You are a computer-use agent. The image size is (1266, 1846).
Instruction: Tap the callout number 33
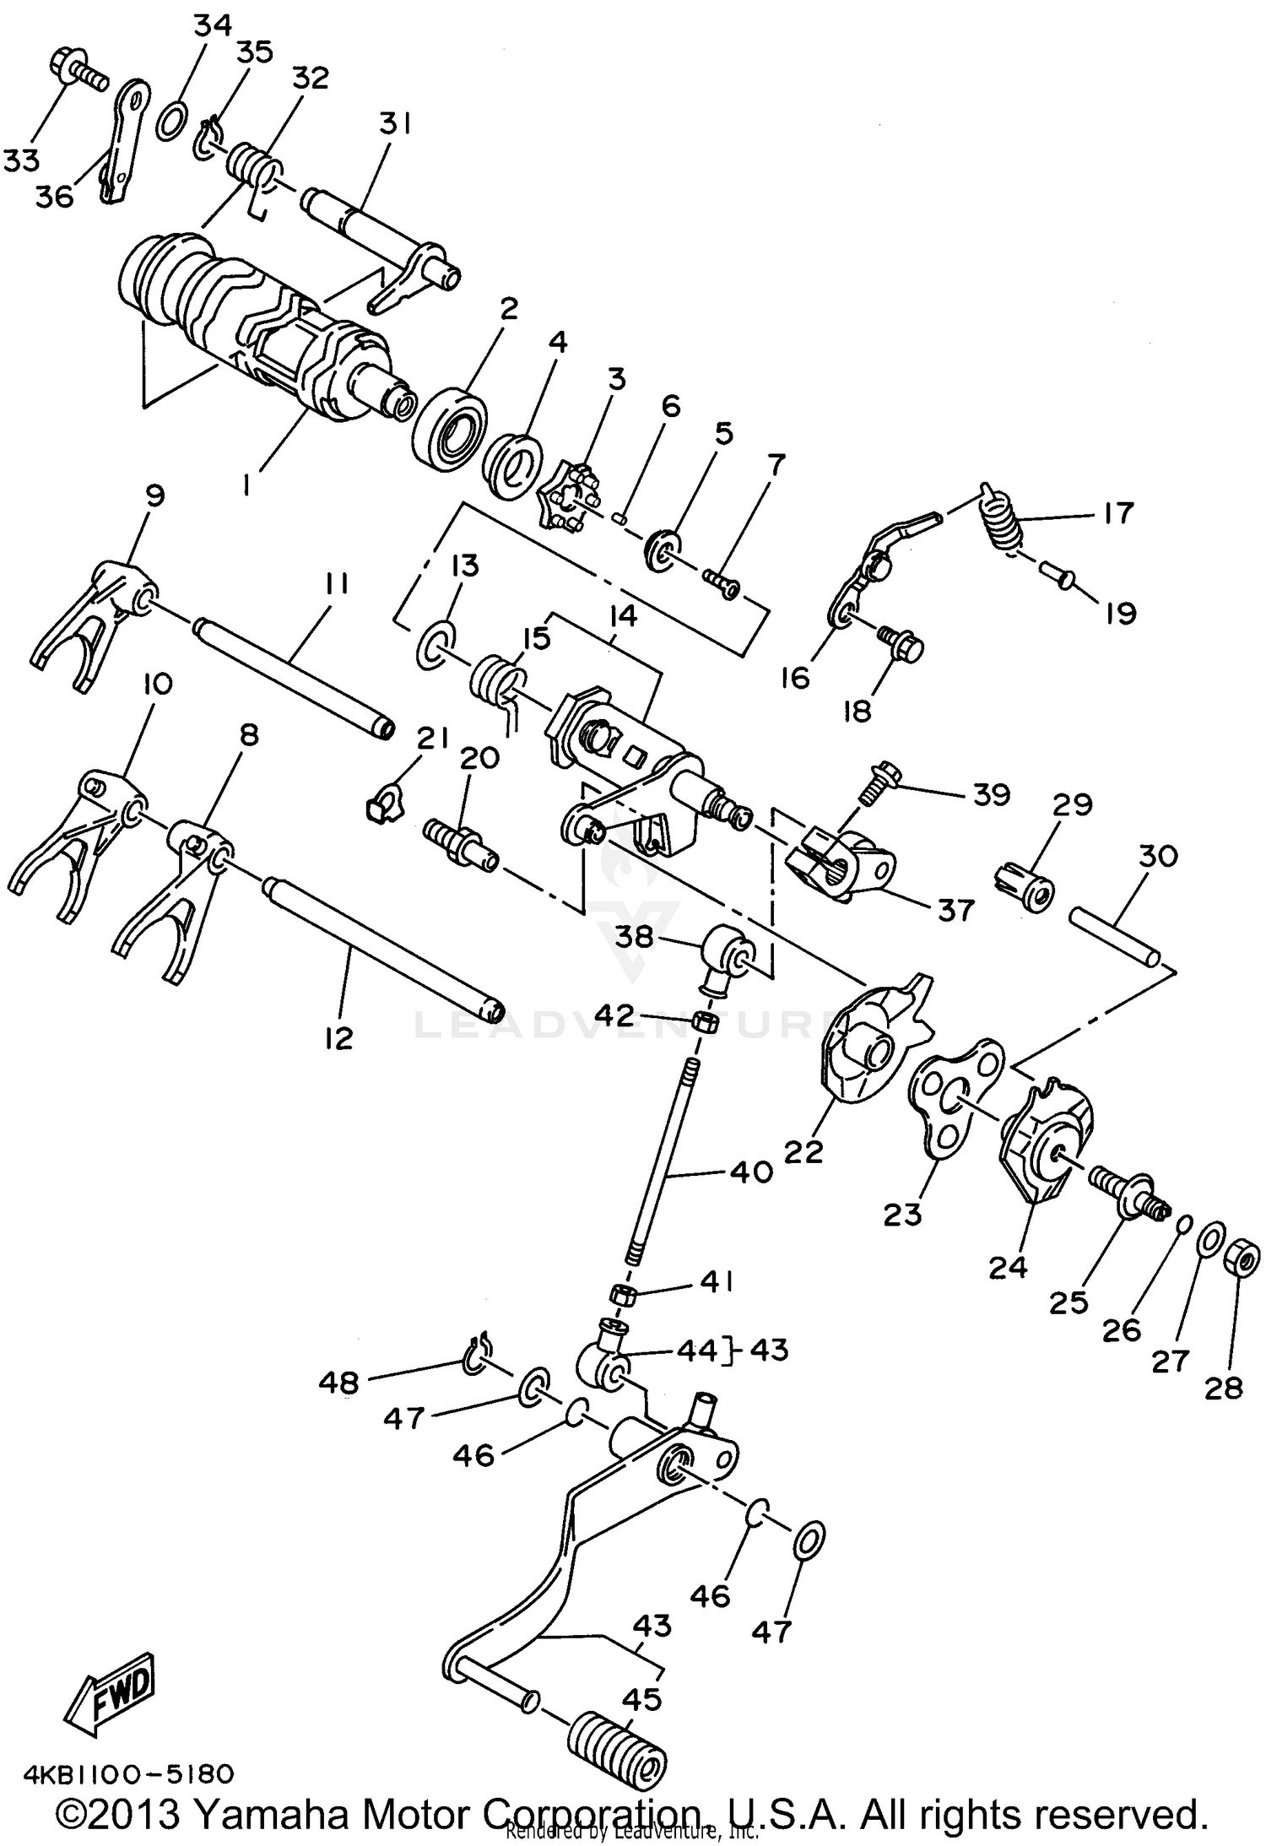[23, 158]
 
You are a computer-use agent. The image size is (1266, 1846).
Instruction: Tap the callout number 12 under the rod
[338, 1037]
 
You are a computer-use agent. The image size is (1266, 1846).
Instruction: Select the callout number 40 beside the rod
[750, 1172]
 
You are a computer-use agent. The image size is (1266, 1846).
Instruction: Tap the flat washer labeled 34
[173, 119]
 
